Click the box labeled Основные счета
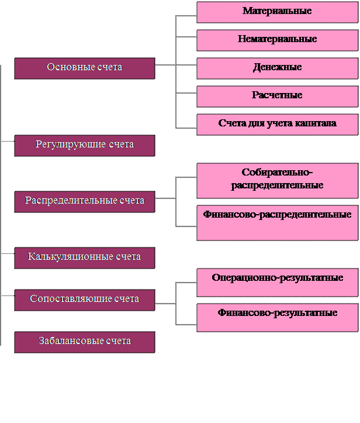85,68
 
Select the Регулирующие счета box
85,146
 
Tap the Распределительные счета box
85,202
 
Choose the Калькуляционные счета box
85,258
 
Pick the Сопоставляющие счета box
85,300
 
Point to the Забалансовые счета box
85,342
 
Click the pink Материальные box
278,12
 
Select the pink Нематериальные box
278,40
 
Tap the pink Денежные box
278,68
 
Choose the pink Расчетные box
278,97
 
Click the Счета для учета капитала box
278,125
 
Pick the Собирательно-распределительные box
278,181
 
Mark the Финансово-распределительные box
278,223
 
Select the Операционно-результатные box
278,283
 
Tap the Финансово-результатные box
278,318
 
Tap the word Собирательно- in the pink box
277,172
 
